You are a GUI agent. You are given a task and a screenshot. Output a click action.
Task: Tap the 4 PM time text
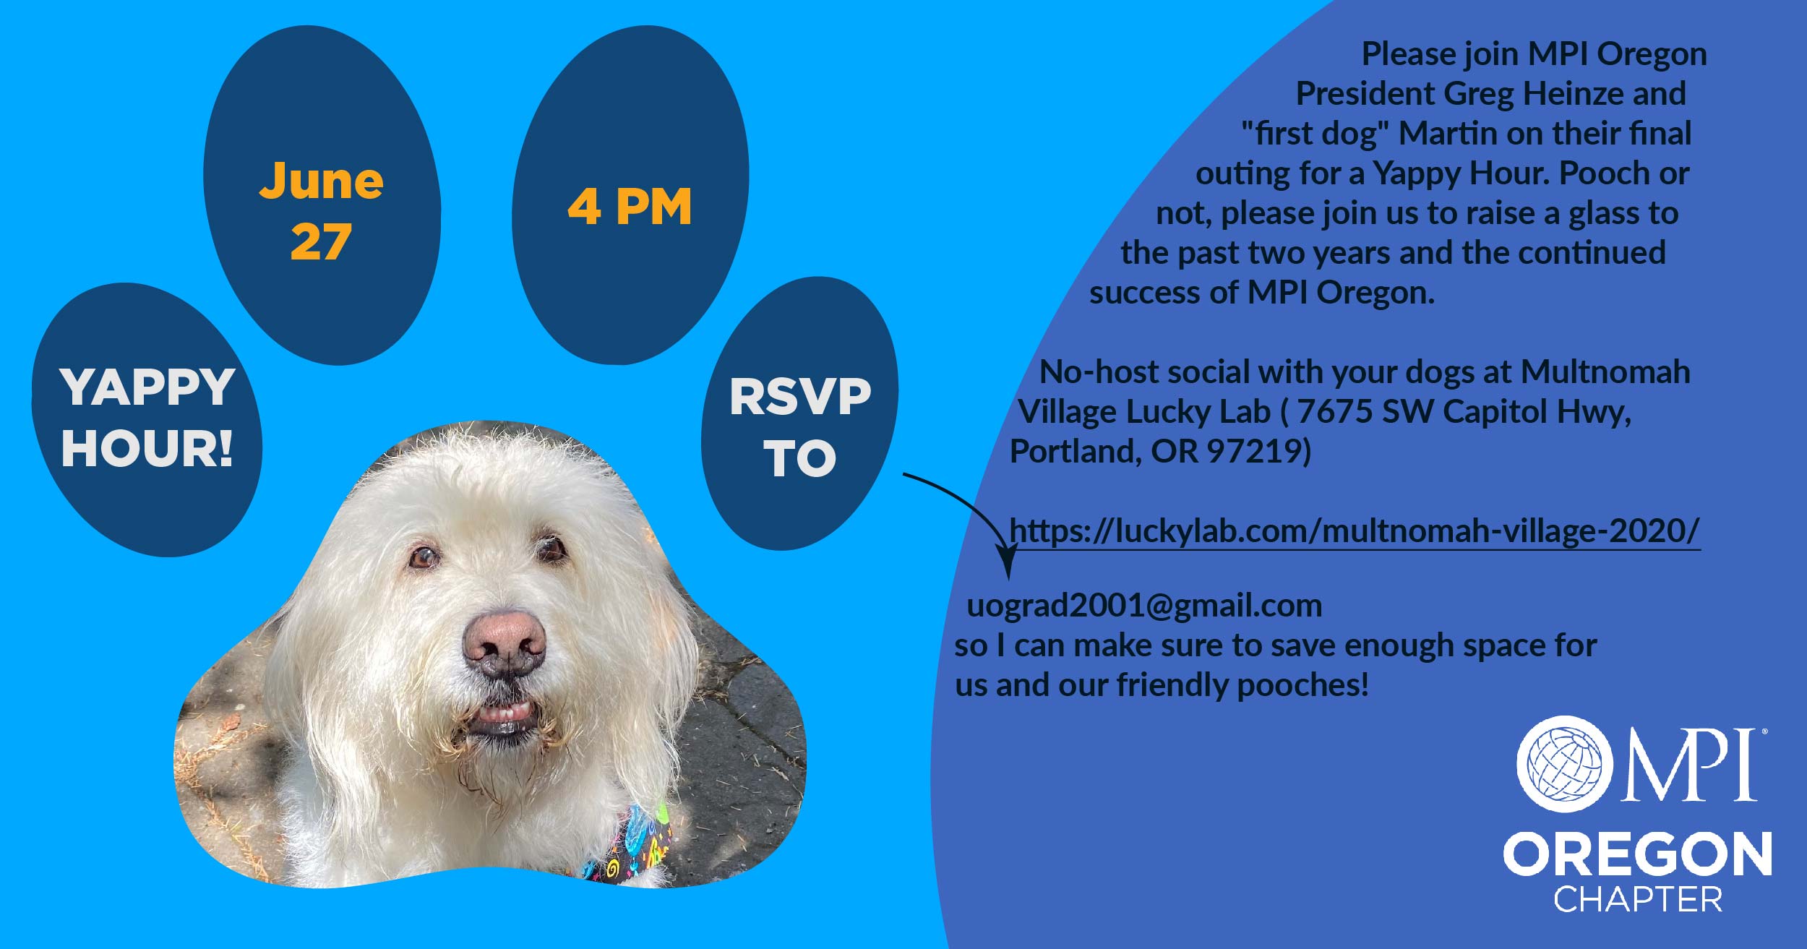pos(630,207)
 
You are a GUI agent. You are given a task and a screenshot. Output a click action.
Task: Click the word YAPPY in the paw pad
pos(147,387)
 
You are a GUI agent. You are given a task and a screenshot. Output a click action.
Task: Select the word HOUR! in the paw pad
pos(147,448)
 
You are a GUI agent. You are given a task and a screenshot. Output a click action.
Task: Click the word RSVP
pos(800,397)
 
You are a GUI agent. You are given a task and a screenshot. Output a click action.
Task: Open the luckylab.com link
pos(1354,531)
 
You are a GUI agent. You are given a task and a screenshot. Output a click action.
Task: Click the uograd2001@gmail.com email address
pos(1144,606)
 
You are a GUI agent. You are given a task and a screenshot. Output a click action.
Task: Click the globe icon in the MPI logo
pos(1563,764)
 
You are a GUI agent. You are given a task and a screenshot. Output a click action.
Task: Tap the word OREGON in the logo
pos(1637,854)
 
